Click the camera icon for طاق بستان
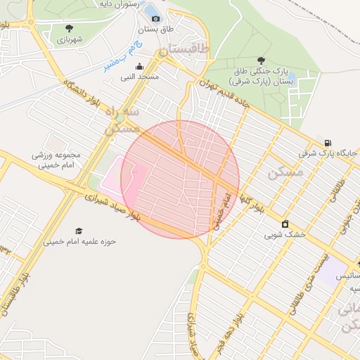(x=155, y=18)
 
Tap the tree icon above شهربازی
(x=69, y=28)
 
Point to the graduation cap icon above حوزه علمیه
(x=79, y=231)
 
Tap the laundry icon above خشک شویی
(x=285, y=224)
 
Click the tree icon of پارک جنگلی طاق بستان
(x=262, y=61)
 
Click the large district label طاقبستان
(x=184, y=51)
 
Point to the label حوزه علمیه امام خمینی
(x=79, y=241)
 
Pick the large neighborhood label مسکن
(x=285, y=172)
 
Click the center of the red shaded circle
(x=180, y=179)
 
